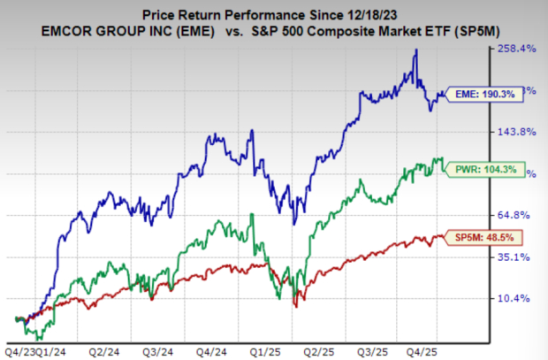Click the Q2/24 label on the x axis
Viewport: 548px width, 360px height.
(x=107, y=350)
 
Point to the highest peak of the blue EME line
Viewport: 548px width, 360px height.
(x=416, y=50)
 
